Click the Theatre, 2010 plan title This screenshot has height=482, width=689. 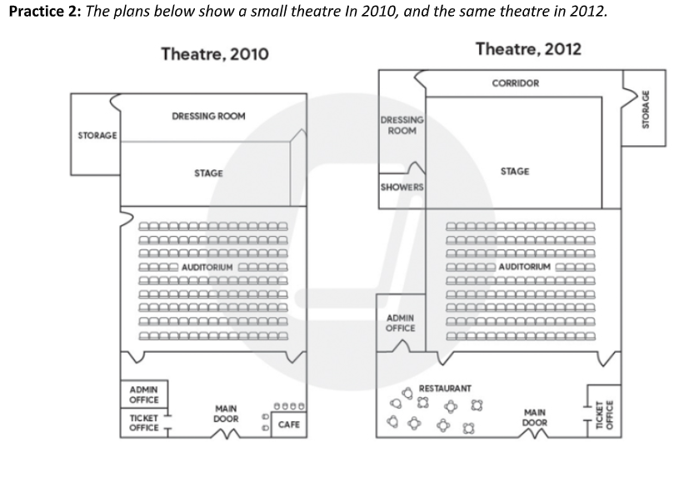(215, 54)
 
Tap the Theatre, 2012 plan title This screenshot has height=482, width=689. (528, 49)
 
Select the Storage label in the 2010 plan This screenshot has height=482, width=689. (97, 135)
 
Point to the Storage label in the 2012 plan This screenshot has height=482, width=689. (646, 109)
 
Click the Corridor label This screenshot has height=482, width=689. (516, 83)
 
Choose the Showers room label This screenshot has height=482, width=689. (402, 188)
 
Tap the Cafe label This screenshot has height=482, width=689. (289, 424)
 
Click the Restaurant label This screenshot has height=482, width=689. (445, 389)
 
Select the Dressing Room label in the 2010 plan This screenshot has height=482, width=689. (208, 116)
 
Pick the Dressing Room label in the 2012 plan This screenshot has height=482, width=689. (402, 125)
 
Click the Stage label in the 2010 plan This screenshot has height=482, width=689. (208, 173)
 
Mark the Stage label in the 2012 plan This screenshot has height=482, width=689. (515, 172)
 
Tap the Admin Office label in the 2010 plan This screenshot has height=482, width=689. (143, 395)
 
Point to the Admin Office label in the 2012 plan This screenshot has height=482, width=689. (400, 323)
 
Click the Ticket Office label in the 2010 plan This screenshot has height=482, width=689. (143, 423)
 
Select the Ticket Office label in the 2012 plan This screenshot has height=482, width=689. (605, 414)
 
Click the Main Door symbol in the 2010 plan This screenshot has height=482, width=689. (226, 434)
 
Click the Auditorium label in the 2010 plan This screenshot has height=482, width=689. (207, 268)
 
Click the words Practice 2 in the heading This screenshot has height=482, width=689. (44, 11)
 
